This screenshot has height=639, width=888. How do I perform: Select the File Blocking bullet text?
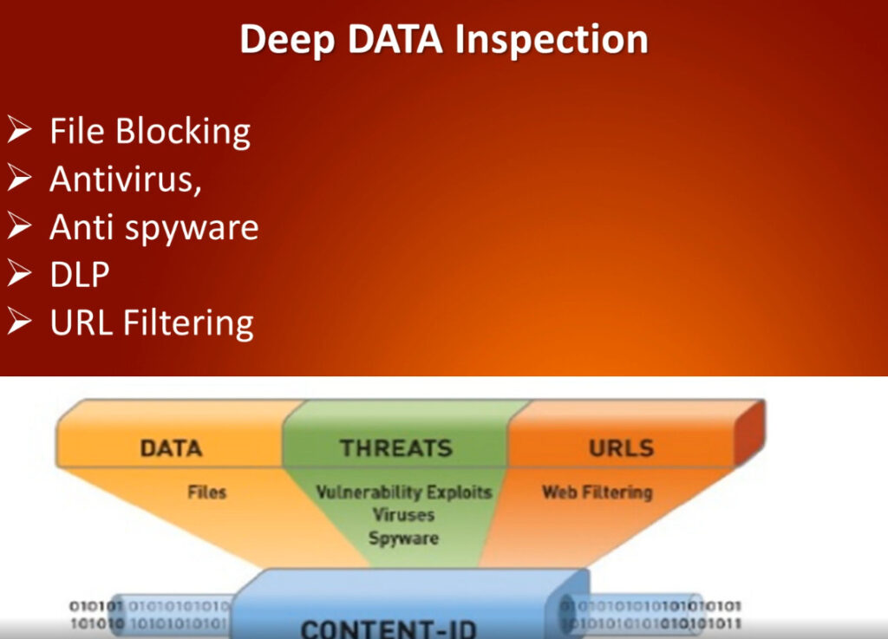click(x=150, y=132)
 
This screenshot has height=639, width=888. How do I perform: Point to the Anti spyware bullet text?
click(x=153, y=227)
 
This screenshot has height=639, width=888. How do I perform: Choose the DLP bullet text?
click(x=80, y=274)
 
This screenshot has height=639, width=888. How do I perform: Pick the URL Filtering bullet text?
click(x=151, y=323)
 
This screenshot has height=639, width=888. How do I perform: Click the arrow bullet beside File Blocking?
click(x=21, y=132)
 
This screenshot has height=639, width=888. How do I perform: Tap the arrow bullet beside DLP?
click(x=21, y=274)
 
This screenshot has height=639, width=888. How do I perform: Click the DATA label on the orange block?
click(x=171, y=448)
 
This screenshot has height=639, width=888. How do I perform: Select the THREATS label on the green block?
click(x=395, y=448)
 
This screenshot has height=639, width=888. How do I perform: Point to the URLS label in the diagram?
click(x=621, y=448)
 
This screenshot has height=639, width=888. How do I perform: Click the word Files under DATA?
click(x=206, y=492)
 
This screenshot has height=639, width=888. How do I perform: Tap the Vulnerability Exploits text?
click(x=403, y=492)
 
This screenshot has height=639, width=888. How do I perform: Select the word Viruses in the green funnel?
click(x=403, y=515)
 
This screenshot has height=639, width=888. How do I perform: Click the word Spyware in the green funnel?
click(x=403, y=538)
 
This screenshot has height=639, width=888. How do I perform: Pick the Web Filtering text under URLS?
click(x=597, y=492)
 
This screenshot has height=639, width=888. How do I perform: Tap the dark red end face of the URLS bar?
click(x=748, y=434)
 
